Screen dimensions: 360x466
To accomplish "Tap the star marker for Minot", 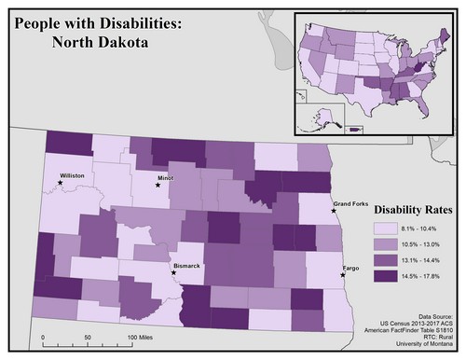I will click(158, 185).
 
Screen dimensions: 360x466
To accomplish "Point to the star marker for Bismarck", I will click(173, 273).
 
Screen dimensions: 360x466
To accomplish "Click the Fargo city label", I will click(351, 268).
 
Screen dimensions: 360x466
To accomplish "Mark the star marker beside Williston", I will click(61, 183).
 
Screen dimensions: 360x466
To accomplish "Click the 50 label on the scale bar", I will click(87, 336).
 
